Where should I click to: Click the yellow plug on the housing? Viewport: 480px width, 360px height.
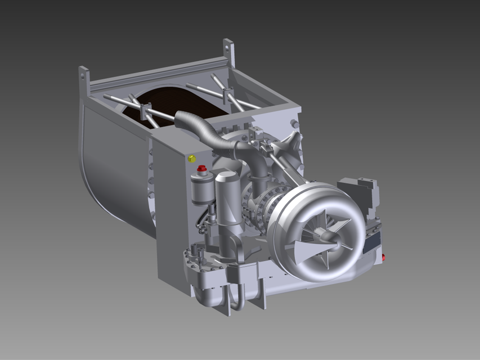pos(192,159)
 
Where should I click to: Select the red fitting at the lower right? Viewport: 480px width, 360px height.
pos(383,258)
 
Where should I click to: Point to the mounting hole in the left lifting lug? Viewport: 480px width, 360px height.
pos(83,74)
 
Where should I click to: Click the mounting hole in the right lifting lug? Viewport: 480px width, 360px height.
pos(228,47)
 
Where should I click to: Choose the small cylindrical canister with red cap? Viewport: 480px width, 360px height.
pos(201,188)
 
